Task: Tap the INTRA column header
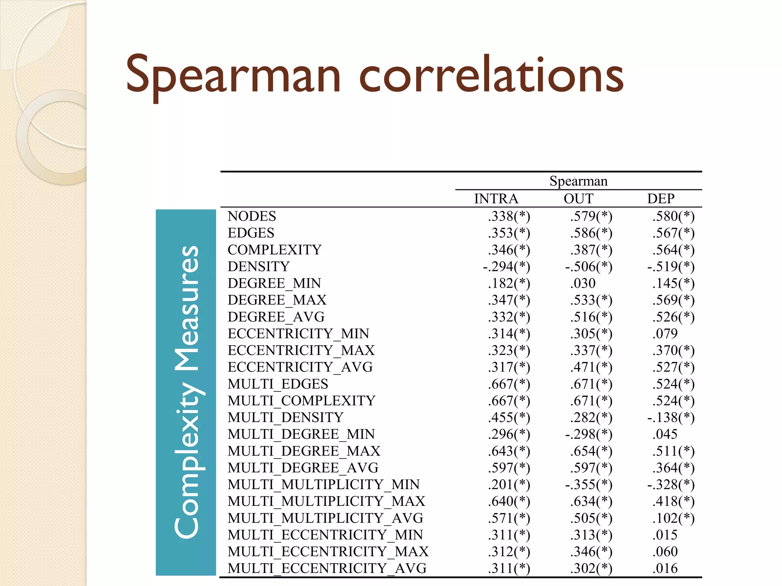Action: pyautogui.click(x=496, y=199)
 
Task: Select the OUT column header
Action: pyautogui.click(x=578, y=199)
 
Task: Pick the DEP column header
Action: pyautogui.click(x=661, y=199)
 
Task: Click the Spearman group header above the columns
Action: pyautogui.click(x=578, y=181)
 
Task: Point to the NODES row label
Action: pyautogui.click(x=252, y=216)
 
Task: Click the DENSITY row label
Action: pyautogui.click(x=259, y=267)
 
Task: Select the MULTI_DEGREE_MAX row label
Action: pyautogui.click(x=304, y=451)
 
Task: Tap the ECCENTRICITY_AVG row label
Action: pyautogui.click(x=300, y=367)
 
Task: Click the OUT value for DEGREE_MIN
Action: pyautogui.click(x=583, y=283)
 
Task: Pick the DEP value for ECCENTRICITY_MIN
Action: pyautogui.click(x=665, y=334)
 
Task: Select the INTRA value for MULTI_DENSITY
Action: pyautogui.click(x=509, y=417)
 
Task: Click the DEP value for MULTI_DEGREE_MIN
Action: pyautogui.click(x=665, y=434)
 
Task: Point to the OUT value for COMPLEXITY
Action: pyautogui.click(x=591, y=250)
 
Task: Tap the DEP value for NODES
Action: pyautogui.click(x=673, y=216)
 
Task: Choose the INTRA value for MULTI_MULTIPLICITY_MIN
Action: pyautogui.click(x=509, y=485)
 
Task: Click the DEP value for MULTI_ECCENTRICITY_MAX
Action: pyautogui.click(x=665, y=552)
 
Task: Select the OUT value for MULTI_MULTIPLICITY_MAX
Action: pyautogui.click(x=591, y=501)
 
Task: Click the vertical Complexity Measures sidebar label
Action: pyautogui.click(x=186, y=392)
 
